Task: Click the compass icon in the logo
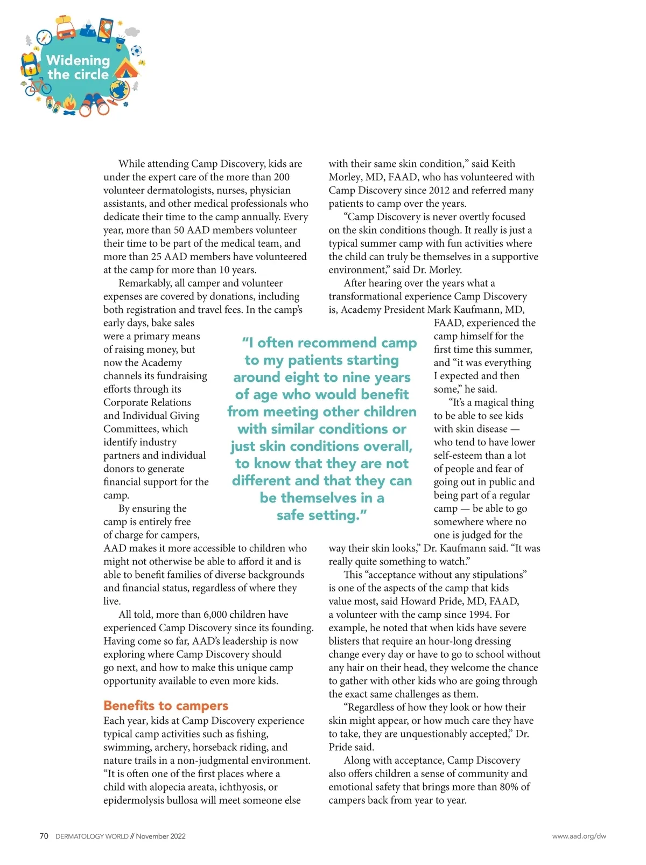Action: tap(44, 37)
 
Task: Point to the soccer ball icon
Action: tap(136, 51)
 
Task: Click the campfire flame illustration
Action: tap(70, 103)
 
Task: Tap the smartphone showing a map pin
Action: tap(107, 30)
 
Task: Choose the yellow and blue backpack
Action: tap(30, 64)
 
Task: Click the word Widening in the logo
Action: tap(78, 60)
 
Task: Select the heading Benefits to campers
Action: tap(166, 706)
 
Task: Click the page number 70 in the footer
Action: tap(44, 836)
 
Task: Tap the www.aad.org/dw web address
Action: tap(579, 836)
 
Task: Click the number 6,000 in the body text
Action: tap(218, 615)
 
